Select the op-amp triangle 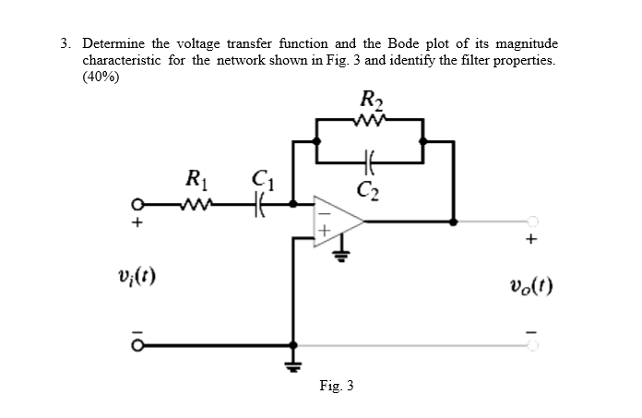pos(338,221)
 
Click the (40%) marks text pos(101,78)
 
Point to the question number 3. pos(65,43)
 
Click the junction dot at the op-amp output pos(453,221)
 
